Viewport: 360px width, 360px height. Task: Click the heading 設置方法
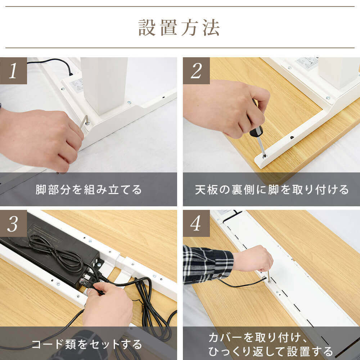179,28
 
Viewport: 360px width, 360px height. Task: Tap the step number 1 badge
13,71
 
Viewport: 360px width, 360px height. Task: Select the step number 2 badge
196,71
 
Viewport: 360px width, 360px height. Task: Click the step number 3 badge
13,224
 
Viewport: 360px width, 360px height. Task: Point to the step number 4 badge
196,224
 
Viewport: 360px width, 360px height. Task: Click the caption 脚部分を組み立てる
89,190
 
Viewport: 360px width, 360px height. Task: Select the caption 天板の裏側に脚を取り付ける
271,190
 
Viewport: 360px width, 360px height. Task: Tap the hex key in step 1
84,122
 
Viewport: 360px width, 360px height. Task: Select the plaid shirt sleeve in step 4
208,264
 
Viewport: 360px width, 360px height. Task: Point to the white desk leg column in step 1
104,85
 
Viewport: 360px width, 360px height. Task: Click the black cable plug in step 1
71,73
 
